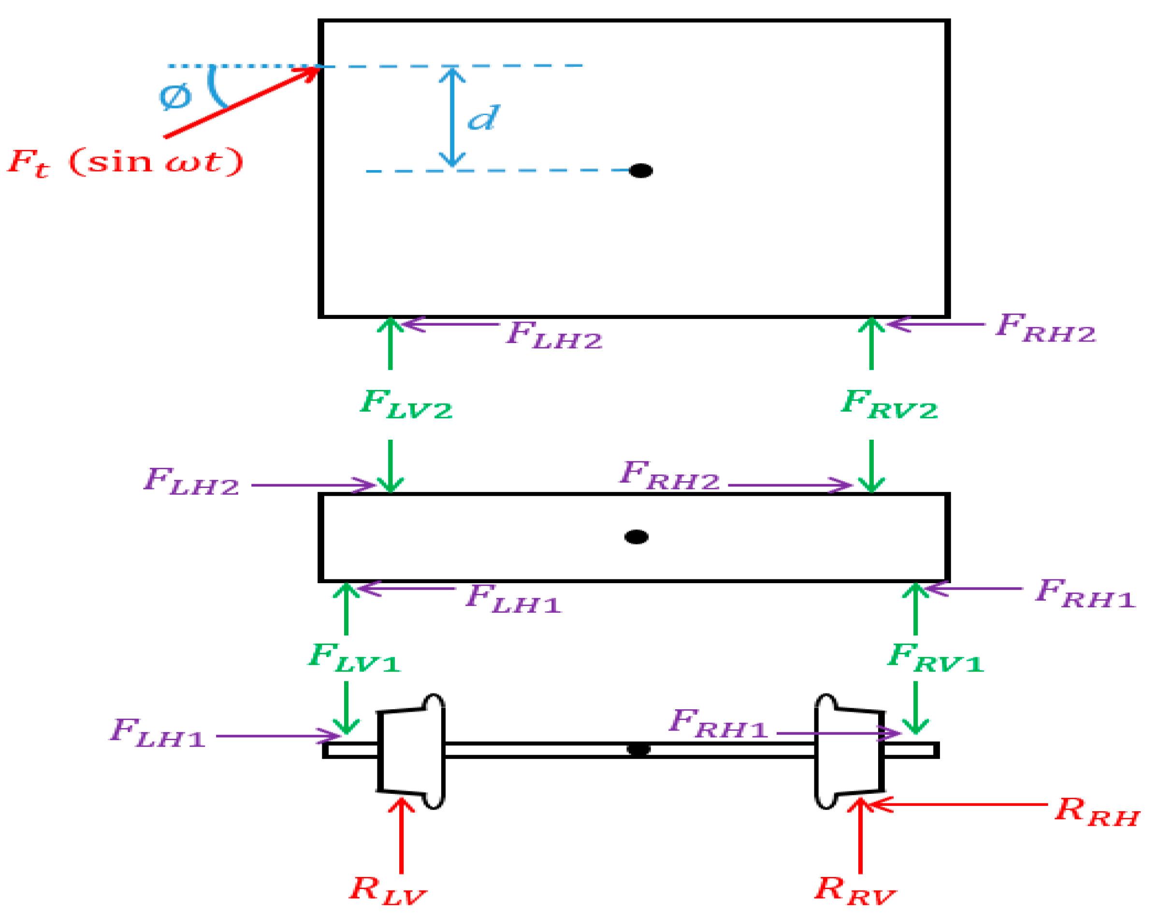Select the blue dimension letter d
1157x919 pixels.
coord(483,117)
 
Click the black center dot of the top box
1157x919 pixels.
coord(640,171)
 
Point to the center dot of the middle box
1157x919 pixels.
coord(636,536)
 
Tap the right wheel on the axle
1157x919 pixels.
coord(849,750)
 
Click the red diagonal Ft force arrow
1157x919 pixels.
coord(242,102)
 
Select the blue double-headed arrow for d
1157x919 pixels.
coord(452,117)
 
